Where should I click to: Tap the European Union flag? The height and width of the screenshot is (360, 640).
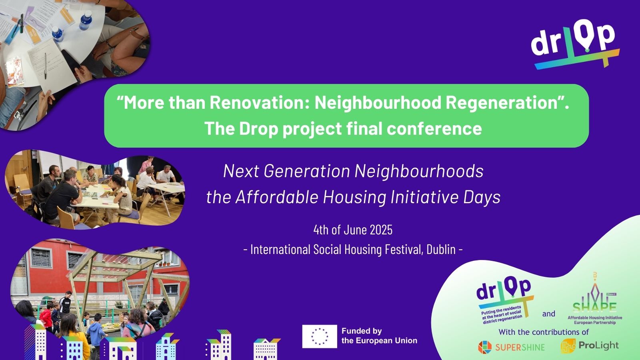pyautogui.click(x=319, y=336)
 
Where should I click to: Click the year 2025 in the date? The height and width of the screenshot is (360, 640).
pyautogui.click(x=381, y=230)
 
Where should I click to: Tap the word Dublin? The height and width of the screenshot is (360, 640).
pyautogui.click(x=441, y=250)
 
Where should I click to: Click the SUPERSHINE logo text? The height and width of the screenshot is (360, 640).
pyautogui.click(x=520, y=347)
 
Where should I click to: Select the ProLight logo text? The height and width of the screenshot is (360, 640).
pyautogui.click(x=598, y=345)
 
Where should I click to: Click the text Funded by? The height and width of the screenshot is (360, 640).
pyautogui.click(x=362, y=331)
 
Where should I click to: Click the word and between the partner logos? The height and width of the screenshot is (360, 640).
pyautogui.click(x=548, y=314)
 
